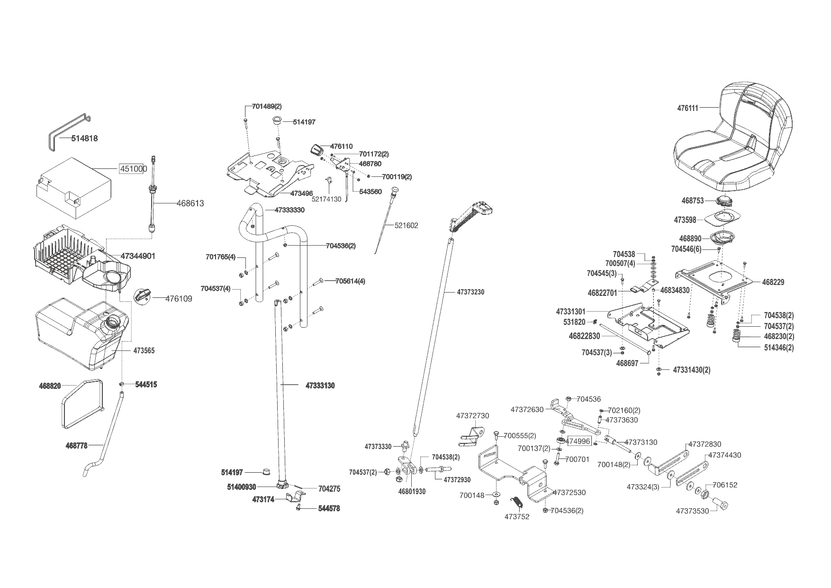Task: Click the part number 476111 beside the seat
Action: (687, 108)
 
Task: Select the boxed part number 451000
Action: (133, 169)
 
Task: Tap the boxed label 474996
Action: (579, 441)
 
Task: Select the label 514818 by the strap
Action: (84, 138)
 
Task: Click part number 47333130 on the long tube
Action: (320, 386)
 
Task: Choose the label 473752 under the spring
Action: (517, 516)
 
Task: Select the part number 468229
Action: (773, 282)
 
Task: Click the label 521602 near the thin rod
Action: (406, 226)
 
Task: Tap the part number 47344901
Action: (138, 256)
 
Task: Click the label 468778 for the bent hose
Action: (76, 445)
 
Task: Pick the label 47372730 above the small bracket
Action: (472, 416)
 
